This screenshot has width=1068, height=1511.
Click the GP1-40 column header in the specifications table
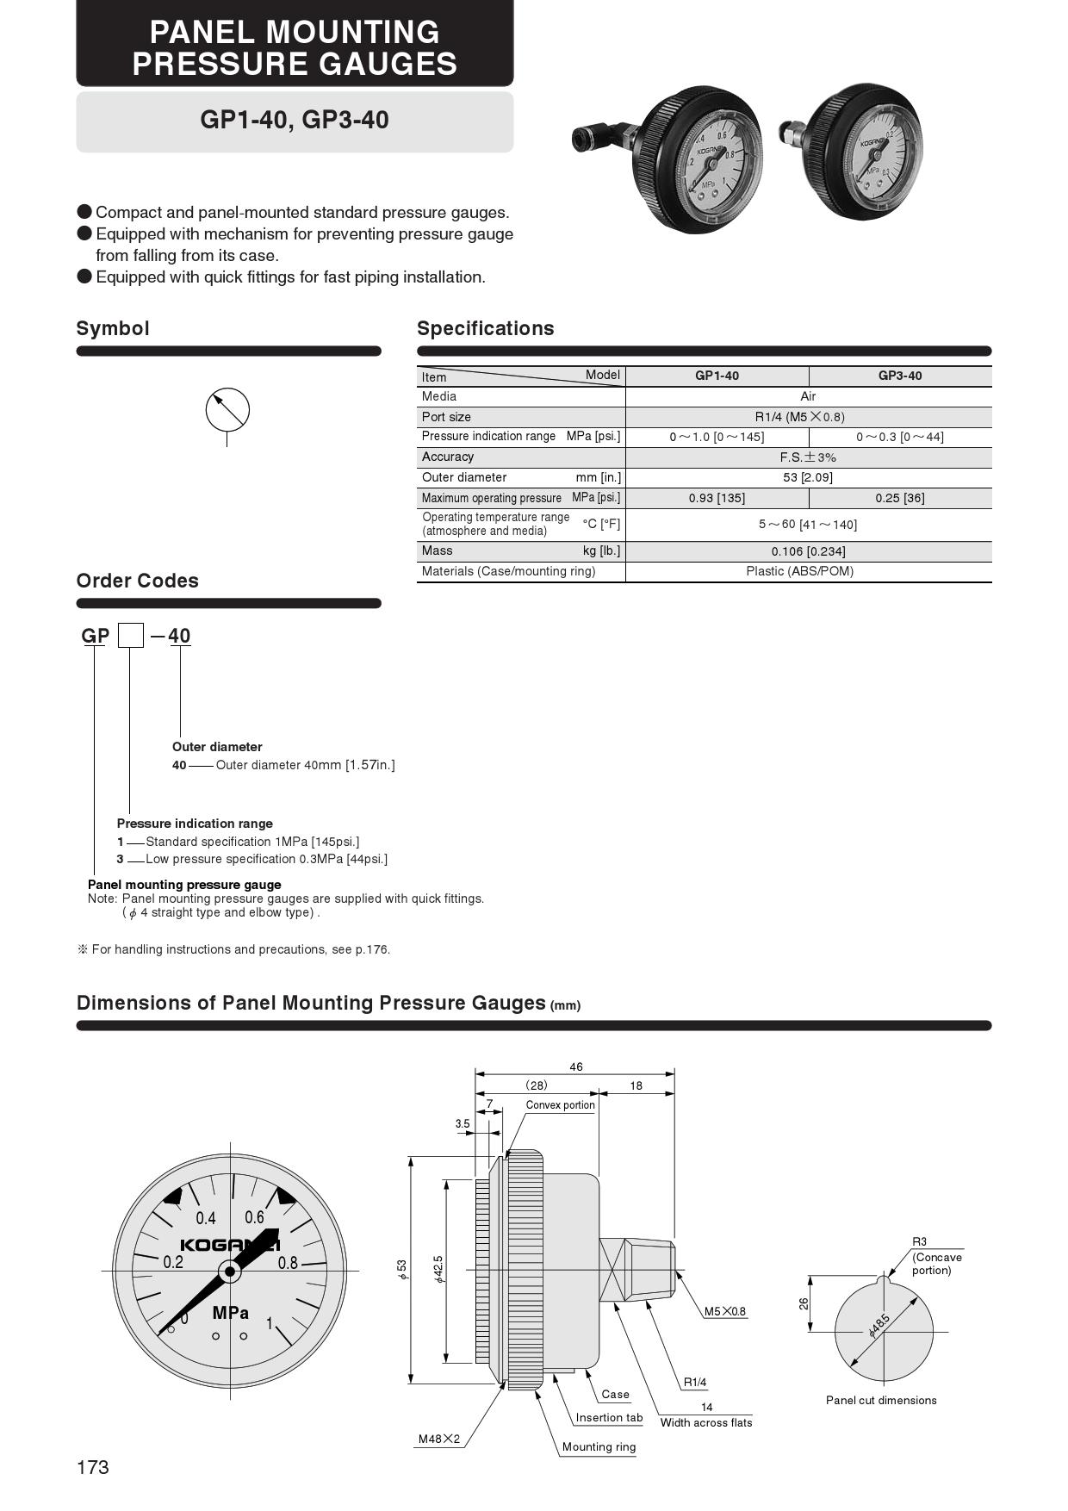pyautogui.click(x=717, y=376)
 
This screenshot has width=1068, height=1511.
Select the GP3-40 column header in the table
pyautogui.click(x=899, y=376)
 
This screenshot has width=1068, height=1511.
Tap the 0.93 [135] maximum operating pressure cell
pyautogui.click(x=717, y=498)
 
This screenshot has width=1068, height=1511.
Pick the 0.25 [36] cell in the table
pyautogui.click(x=899, y=498)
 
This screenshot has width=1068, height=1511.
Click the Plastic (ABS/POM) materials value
pyautogui.click(x=799, y=571)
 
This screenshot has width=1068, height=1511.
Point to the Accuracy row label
pyautogui.click(x=448, y=457)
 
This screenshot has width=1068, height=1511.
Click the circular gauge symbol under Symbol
pyautogui.click(x=227, y=410)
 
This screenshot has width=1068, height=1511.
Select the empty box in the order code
pyautogui.click(x=130, y=636)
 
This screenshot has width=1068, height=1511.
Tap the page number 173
pyautogui.click(x=93, y=1467)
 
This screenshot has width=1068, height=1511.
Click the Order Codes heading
pyautogui.click(x=138, y=581)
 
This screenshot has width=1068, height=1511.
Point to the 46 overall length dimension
pyautogui.click(x=576, y=1066)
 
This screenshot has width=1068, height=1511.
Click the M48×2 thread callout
pyautogui.click(x=439, y=1439)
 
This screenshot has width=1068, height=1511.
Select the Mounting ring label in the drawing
pyautogui.click(x=599, y=1446)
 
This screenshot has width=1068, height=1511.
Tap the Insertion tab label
pyautogui.click(x=609, y=1417)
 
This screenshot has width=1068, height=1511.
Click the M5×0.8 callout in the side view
pyautogui.click(x=725, y=1311)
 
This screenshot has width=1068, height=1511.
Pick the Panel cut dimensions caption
pyautogui.click(x=881, y=1400)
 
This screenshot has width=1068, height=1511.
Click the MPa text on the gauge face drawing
pyautogui.click(x=231, y=1313)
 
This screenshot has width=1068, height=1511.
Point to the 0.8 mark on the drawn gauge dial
pyautogui.click(x=288, y=1263)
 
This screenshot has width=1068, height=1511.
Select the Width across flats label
pyautogui.click(x=706, y=1422)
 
